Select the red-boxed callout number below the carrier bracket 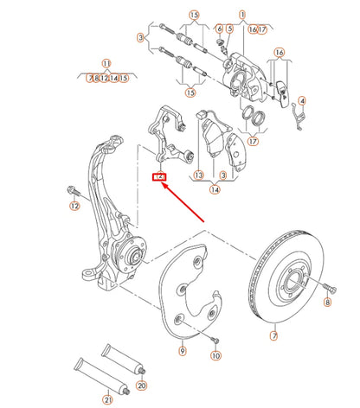(x=158, y=177)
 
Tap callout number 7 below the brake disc (x=274, y=335)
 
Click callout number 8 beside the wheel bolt (x=327, y=303)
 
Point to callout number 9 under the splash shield (x=182, y=351)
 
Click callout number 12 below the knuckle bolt (x=74, y=205)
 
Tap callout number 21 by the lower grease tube (x=108, y=399)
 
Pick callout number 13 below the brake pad (x=198, y=174)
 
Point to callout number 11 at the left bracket (x=106, y=63)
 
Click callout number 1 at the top (x=243, y=15)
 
